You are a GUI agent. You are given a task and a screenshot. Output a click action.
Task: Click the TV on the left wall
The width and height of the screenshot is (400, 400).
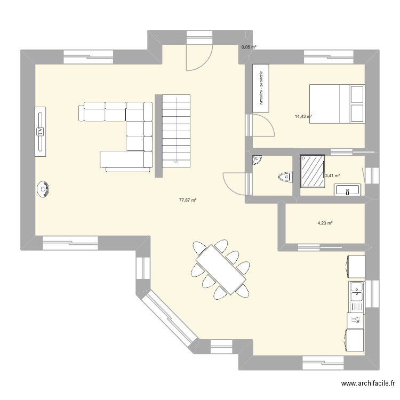tap(41, 131)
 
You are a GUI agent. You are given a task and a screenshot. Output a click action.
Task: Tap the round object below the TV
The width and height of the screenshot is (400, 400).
tap(43, 189)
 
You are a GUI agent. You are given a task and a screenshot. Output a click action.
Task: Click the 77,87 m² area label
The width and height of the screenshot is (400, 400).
tap(188, 201)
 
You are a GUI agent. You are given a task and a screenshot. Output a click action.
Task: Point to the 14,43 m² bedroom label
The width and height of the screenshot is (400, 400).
tap(303, 116)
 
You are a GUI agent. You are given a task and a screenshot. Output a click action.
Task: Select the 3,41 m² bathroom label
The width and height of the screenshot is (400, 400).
tap(332, 175)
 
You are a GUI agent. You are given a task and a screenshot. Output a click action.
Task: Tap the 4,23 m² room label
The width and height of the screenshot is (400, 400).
tap(325, 223)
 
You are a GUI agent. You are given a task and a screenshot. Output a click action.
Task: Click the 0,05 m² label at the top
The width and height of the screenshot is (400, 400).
tap(249, 47)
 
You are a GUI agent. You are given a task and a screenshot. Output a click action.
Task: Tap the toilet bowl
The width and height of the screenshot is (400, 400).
tap(284, 177)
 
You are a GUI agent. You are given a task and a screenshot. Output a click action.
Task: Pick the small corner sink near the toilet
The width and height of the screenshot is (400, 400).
tap(257, 160)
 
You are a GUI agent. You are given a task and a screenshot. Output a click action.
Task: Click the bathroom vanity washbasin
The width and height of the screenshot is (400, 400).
tap(348, 189)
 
